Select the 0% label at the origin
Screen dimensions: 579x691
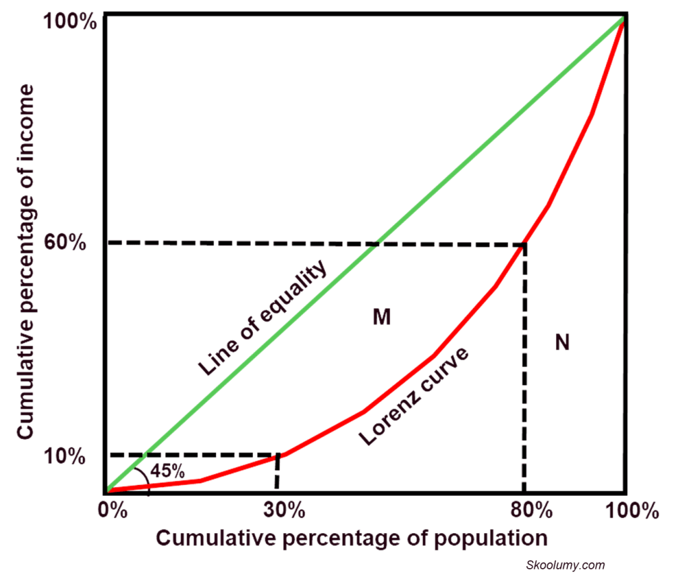[x=113, y=509]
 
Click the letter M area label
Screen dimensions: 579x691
[x=381, y=316]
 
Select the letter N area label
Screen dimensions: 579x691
[x=562, y=343]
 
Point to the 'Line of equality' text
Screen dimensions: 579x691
[x=262, y=318]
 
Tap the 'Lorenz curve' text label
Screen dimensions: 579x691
[x=414, y=395]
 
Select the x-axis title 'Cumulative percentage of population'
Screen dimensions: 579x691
[x=350, y=538]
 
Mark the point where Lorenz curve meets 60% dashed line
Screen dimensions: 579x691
[x=524, y=244]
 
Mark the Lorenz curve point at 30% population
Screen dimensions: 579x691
[x=277, y=457]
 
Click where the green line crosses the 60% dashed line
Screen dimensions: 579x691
[x=379, y=243]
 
